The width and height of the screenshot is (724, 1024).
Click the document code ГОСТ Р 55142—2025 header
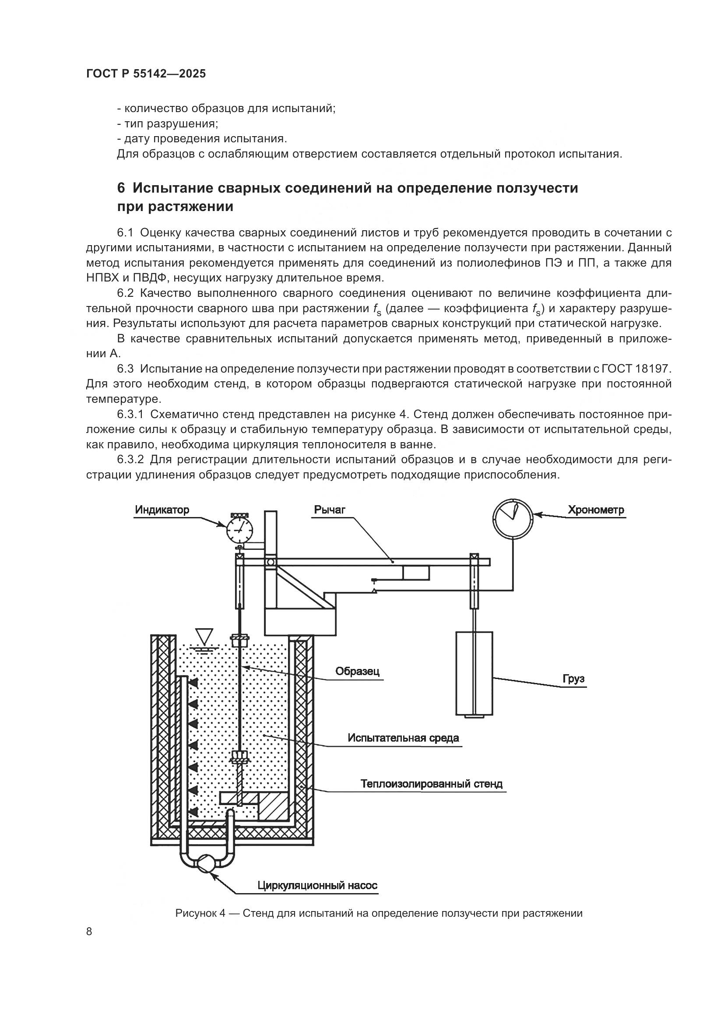click(146, 74)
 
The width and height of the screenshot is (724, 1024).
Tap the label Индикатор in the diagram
click(162, 510)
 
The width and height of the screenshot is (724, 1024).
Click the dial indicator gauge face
click(239, 531)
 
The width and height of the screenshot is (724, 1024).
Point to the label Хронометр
click(596, 510)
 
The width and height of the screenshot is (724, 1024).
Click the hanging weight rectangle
click(474, 673)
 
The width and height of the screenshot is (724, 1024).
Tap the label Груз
click(573, 679)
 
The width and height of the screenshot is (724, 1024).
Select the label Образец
click(357, 671)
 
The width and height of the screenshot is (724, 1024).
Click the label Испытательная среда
click(403, 738)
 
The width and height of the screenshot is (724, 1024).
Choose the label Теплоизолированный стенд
click(431, 784)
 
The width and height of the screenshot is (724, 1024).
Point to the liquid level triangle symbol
click(205, 636)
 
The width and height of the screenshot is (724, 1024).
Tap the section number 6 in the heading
click(121, 188)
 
